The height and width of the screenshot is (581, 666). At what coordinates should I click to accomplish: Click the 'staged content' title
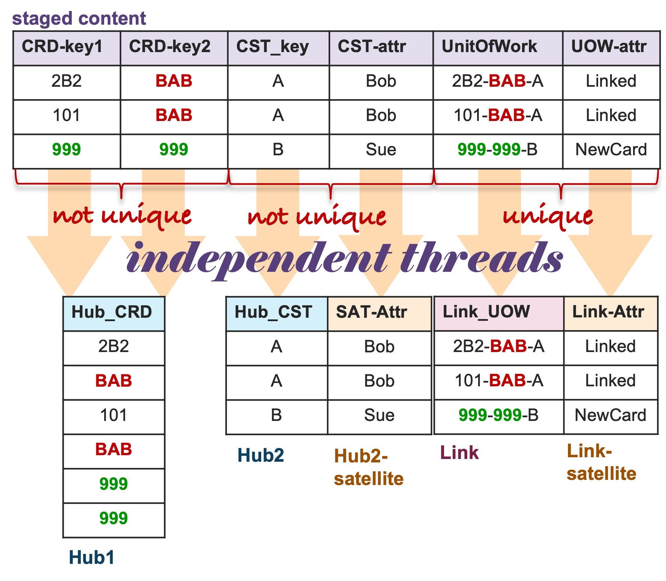click(79, 18)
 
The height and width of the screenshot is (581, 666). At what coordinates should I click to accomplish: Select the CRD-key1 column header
click(67, 48)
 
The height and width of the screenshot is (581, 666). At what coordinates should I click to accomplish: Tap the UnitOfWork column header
click(498, 48)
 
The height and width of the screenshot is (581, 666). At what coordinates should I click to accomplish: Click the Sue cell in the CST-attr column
click(381, 151)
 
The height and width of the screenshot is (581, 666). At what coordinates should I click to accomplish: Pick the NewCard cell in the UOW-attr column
click(611, 151)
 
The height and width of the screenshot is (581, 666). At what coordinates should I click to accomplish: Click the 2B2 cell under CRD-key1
click(67, 83)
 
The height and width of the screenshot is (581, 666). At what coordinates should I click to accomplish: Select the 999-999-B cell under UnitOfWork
click(498, 151)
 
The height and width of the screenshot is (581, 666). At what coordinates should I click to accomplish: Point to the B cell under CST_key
click(278, 151)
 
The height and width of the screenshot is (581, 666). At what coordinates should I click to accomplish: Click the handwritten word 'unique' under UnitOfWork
click(548, 216)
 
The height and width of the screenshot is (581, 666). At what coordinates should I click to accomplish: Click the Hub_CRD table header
click(114, 314)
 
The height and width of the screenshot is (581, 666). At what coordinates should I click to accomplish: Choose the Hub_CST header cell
click(277, 314)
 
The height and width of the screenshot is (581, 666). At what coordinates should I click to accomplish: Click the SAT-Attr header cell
click(379, 314)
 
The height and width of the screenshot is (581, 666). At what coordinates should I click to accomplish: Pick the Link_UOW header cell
click(499, 314)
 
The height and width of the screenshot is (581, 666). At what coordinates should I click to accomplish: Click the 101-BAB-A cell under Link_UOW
click(499, 382)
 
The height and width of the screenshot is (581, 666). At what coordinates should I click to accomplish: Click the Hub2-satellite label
click(369, 467)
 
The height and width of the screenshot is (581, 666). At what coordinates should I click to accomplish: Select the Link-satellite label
click(601, 462)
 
